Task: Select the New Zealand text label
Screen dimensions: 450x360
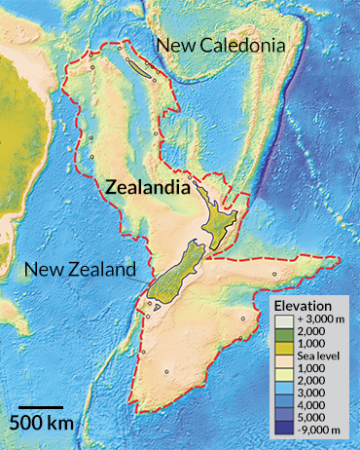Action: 77,270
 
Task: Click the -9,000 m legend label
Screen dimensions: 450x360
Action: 311,431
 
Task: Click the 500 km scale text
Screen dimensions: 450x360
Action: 42,423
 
